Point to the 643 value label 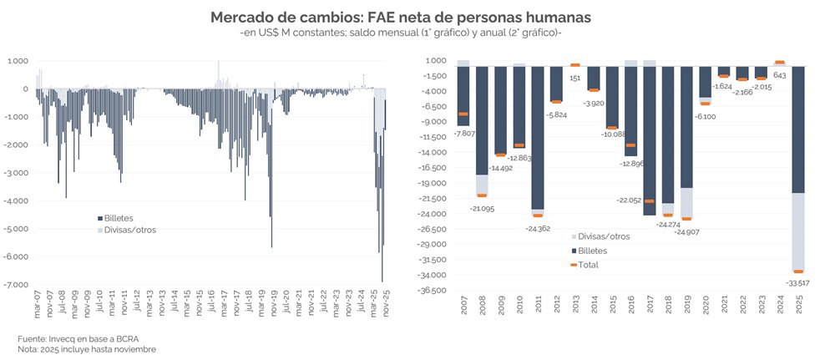tap(779, 75)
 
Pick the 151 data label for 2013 tap(575, 78)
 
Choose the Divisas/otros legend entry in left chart tap(125, 230)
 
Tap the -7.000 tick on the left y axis tap(17, 285)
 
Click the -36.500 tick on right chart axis tap(438, 291)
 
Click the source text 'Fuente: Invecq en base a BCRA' tap(80, 338)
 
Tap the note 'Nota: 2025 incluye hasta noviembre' tap(87, 349)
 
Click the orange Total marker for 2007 tap(463, 114)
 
